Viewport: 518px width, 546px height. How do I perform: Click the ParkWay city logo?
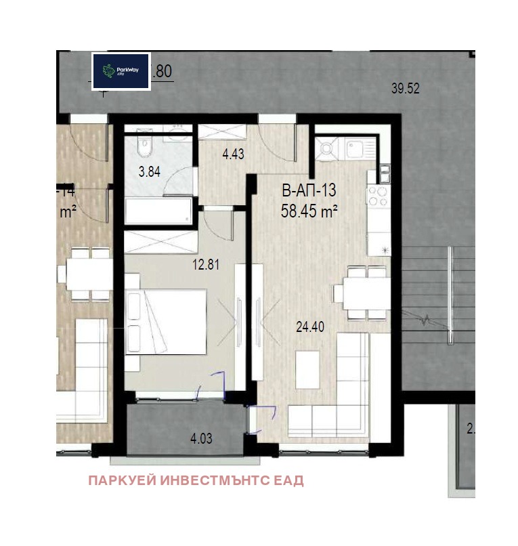tap(121, 71)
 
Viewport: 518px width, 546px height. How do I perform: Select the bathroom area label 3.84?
tap(150, 172)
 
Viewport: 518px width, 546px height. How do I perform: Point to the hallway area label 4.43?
tap(232, 154)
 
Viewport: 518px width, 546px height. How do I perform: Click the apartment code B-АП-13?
tap(309, 192)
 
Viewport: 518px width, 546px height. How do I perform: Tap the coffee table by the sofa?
tap(307, 371)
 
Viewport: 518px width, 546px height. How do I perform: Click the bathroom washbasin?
tap(178, 131)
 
